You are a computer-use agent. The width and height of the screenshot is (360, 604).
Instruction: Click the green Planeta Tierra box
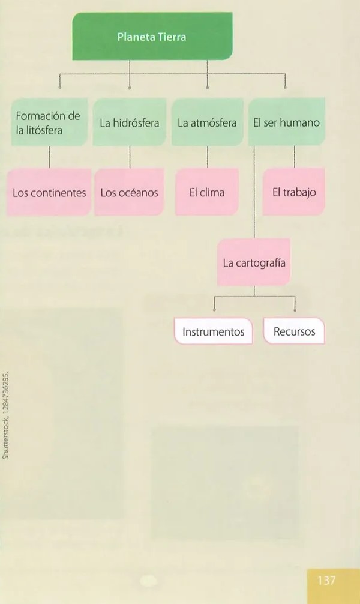[152, 36]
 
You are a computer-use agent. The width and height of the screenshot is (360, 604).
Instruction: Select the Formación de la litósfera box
[49, 122]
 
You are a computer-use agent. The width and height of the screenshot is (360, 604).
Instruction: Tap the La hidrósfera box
[130, 122]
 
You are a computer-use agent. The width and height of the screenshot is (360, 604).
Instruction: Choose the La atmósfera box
[207, 122]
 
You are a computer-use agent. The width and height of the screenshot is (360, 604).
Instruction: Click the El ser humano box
[286, 122]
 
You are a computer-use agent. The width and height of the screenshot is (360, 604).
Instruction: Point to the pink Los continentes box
[49, 192]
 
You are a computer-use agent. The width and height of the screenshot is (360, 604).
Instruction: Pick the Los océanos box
[130, 192]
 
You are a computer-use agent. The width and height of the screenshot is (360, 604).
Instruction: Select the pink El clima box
[207, 192]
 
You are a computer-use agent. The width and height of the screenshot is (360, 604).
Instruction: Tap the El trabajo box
[294, 192]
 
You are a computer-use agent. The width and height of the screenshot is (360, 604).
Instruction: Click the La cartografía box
[254, 262]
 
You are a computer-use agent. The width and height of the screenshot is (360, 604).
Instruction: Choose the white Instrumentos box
[214, 331]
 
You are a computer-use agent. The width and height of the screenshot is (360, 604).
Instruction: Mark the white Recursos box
[294, 331]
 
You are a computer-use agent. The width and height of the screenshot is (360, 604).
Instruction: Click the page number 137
[326, 580]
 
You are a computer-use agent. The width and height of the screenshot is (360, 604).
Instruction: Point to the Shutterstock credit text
[5, 415]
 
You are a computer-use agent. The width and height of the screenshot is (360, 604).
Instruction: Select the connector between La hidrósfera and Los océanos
[130, 157]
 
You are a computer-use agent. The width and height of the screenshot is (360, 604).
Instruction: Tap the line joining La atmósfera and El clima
[208, 157]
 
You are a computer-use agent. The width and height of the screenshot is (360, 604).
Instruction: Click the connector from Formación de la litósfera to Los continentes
[49, 157]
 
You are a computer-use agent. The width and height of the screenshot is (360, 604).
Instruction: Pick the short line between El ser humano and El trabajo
[295, 157]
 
